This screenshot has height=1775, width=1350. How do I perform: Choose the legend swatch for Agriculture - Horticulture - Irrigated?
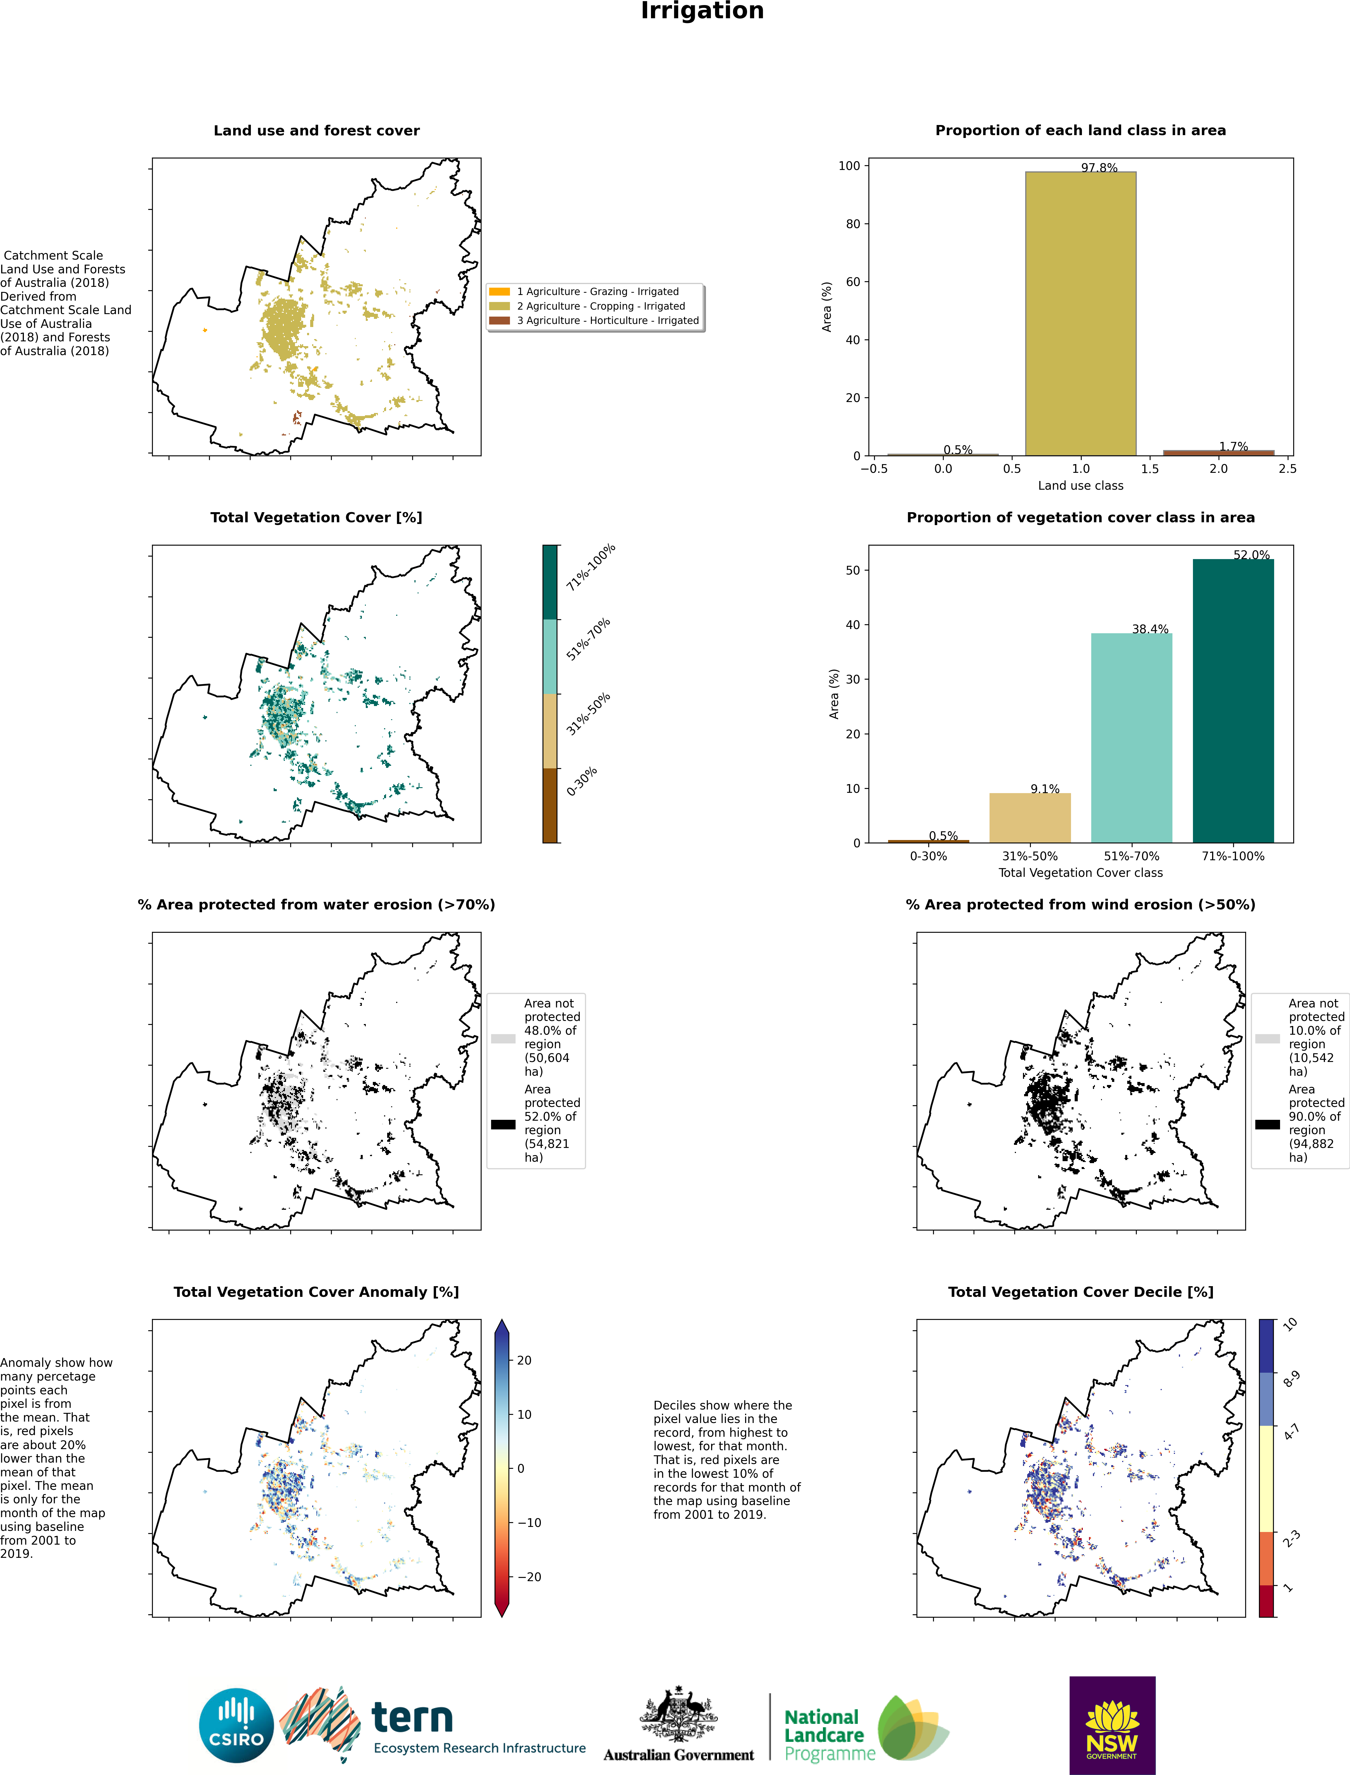point(499,321)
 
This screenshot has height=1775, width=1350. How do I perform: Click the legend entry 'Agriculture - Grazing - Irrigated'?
point(597,292)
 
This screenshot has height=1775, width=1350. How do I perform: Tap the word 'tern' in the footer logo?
point(412,1718)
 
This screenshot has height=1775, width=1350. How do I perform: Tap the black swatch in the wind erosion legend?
point(1267,1124)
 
